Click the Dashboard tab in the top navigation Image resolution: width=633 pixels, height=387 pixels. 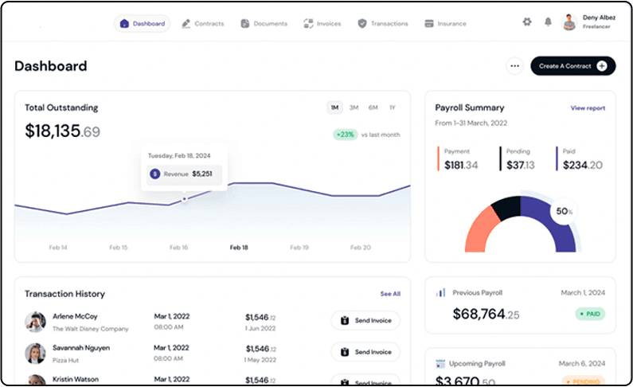coord(143,24)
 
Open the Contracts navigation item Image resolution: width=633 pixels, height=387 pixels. coord(203,24)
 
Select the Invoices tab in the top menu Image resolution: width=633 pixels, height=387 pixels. coord(322,24)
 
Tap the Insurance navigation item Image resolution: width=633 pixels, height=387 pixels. coord(446,24)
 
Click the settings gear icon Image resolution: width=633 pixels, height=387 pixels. coord(527,22)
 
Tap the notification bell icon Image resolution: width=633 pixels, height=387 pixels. coord(548,22)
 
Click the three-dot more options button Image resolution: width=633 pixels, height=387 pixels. coord(515,66)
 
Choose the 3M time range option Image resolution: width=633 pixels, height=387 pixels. coord(354,107)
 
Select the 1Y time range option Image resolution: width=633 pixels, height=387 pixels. coord(392,107)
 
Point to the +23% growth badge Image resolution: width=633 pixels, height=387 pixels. coord(346,135)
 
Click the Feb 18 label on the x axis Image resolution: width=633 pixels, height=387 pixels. coord(239,248)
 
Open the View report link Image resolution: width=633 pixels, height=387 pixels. coord(588,108)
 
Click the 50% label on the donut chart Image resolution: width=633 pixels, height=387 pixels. coord(564,211)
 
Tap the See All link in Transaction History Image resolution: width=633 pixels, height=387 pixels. coord(390,294)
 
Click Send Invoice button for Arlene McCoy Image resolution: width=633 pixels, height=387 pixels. coord(365,321)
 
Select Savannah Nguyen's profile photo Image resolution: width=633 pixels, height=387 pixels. coord(35,353)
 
